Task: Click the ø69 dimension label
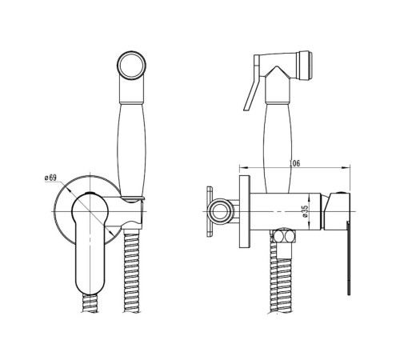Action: (50, 178)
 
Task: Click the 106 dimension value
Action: (294, 163)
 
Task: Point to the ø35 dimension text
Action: (305, 211)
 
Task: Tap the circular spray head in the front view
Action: (131, 65)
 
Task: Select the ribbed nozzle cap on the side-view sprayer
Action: (304, 65)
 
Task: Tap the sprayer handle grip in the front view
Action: (132, 150)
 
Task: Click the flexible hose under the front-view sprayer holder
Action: (131, 270)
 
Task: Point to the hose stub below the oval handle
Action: (90, 302)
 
